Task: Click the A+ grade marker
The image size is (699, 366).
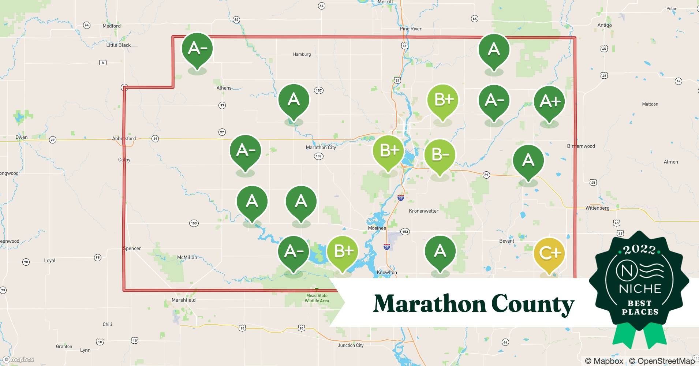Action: click(549, 101)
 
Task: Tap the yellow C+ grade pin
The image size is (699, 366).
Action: click(549, 253)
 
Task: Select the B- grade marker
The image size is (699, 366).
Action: click(440, 155)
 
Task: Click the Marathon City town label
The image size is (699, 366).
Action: click(321, 147)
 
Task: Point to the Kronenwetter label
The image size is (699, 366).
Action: click(423, 211)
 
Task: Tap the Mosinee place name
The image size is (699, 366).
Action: click(377, 228)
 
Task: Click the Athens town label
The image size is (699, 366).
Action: click(224, 88)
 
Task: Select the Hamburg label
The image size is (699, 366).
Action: click(302, 54)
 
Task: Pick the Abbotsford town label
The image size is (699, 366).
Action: click(124, 139)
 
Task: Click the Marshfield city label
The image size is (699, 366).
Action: click(183, 300)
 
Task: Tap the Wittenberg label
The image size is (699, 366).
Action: click(597, 208)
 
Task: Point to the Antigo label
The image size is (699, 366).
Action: click(604, 25)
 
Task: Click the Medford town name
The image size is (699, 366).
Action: click(111, 26)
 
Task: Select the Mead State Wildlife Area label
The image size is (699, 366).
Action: click(317, 298)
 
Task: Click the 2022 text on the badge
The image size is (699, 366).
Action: click(639, 250)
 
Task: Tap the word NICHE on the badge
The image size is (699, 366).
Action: click(640, 289)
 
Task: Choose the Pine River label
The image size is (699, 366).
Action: click(410, 29)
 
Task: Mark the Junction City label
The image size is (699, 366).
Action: click(351, 345)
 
